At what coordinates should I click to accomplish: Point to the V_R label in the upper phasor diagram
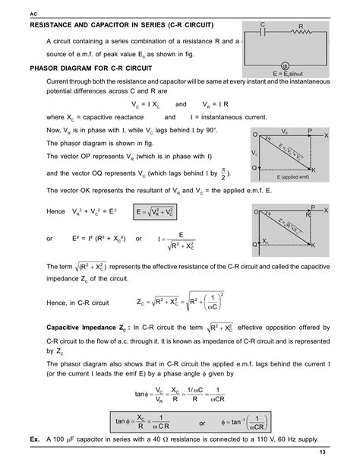(x=284, y=131)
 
